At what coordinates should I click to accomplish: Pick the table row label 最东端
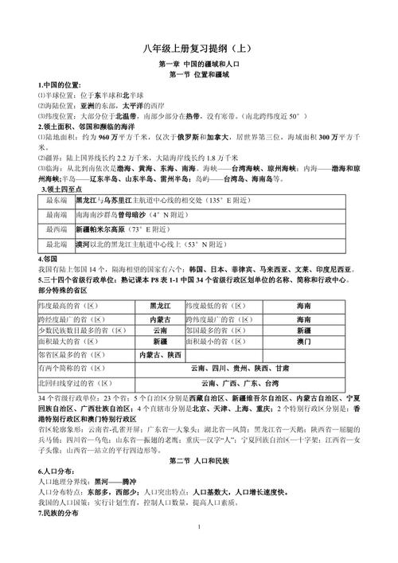coord(58,201)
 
